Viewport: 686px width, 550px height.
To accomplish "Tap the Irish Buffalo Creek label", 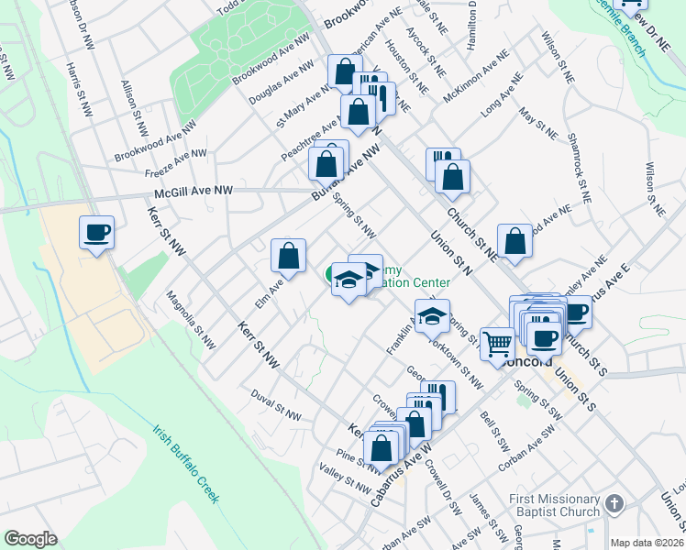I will [186, 464].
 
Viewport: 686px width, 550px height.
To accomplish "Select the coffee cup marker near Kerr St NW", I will [96, 234].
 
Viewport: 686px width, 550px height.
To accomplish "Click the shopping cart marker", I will [497, 346].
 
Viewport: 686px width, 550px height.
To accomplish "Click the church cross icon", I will [614, 504].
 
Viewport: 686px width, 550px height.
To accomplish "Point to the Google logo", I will [30, 539].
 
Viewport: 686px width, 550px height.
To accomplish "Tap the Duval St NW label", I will [275, 403].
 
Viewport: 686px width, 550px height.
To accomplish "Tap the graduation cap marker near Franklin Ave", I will [432, 316].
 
